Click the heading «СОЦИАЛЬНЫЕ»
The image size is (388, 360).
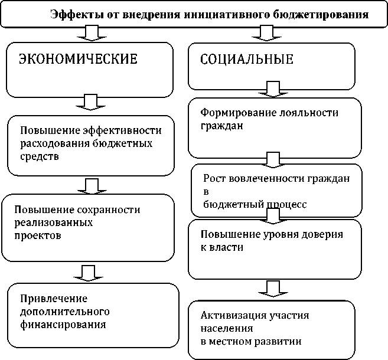coord(247,60)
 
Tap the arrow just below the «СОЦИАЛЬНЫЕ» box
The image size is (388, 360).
coord(272,89)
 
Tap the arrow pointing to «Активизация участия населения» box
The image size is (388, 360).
coord(272,289)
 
